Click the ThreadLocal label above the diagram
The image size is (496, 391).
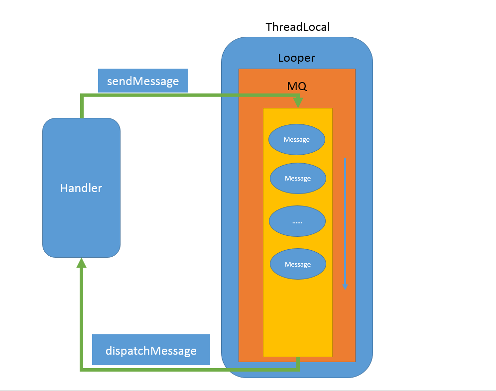(298, 27)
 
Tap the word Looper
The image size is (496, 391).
(296, 58)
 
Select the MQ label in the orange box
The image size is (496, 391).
(297, 86)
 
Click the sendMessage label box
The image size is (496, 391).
(143, 81)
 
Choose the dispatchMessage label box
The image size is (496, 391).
(151, 350)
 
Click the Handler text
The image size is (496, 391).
(81, 188)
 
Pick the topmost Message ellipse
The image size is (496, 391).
(297, 139)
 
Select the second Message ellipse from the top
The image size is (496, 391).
(298, 178)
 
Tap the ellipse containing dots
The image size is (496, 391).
(297, 221)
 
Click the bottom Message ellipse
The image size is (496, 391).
(298, 264)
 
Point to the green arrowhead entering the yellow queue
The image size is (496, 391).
(298, 102)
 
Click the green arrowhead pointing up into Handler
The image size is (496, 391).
(82, 263)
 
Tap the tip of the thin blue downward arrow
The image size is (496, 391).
(345, 290)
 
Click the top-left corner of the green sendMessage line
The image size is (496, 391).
(82, 95)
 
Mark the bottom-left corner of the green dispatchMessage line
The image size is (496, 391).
(82, 369)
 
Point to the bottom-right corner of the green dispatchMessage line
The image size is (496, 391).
(298, 369)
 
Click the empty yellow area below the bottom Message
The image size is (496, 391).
(298, 318)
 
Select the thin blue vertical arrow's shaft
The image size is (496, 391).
(345, 221)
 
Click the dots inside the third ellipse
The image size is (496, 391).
(297, 223)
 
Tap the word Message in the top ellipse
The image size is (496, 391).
(297, 140)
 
